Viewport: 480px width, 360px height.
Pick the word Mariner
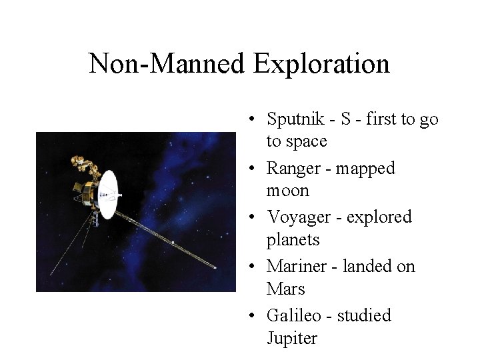tap(294, 266)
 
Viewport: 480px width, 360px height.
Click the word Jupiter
tap(291, 339)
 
